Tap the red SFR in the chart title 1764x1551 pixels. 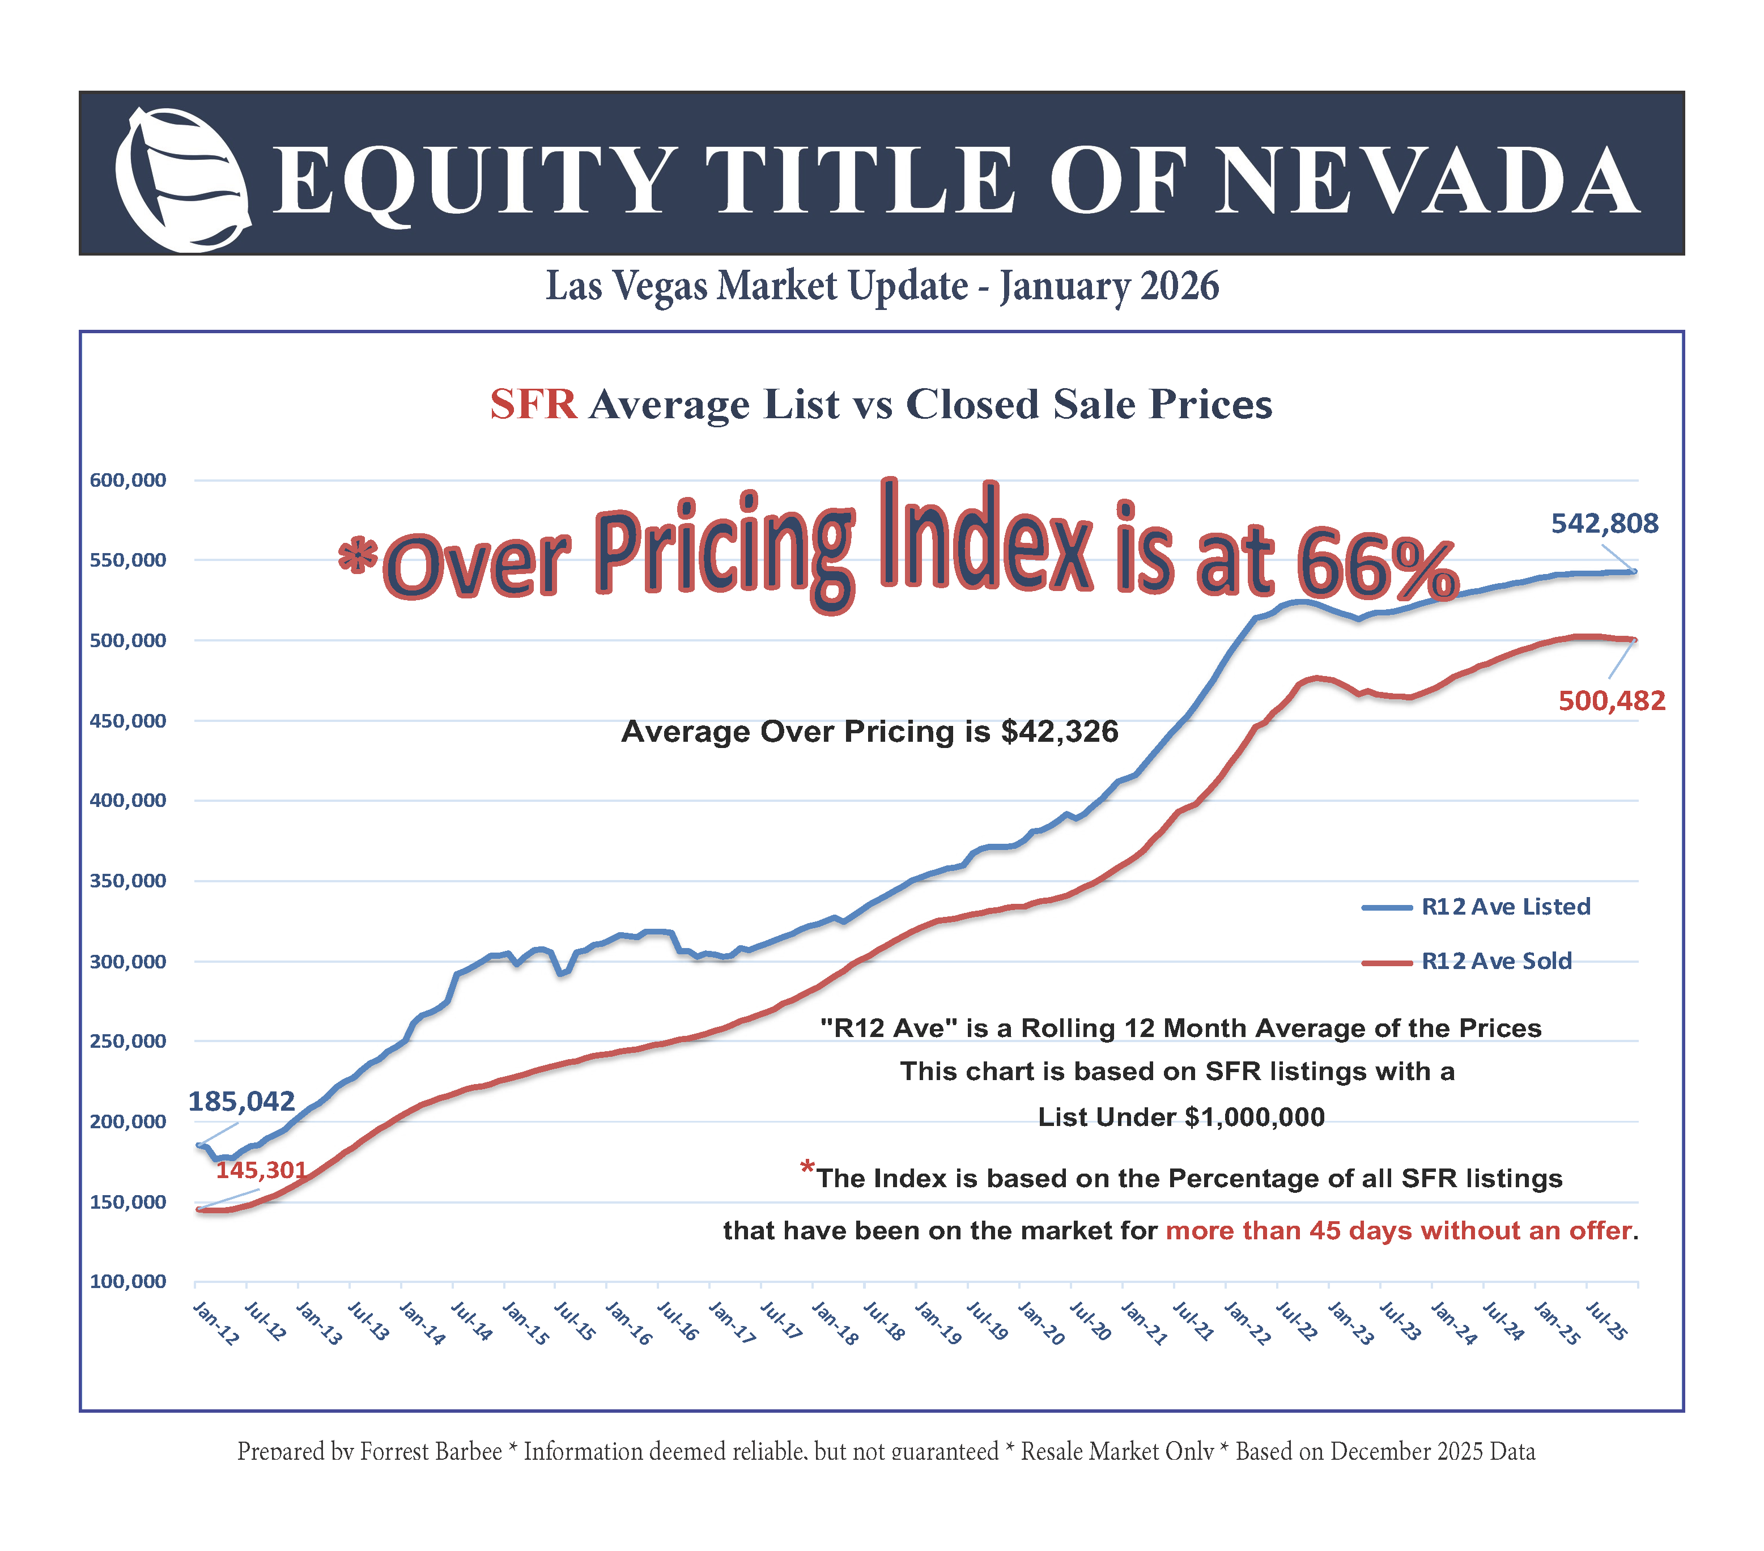533,404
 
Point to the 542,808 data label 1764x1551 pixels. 1604,523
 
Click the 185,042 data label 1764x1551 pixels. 241,1100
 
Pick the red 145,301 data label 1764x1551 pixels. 261,1170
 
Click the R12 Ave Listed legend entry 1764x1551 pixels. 1505,906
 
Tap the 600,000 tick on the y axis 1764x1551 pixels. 127,480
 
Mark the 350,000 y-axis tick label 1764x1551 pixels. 127,881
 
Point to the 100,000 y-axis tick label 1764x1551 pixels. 127,1281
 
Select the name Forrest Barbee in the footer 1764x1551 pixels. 431,1451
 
